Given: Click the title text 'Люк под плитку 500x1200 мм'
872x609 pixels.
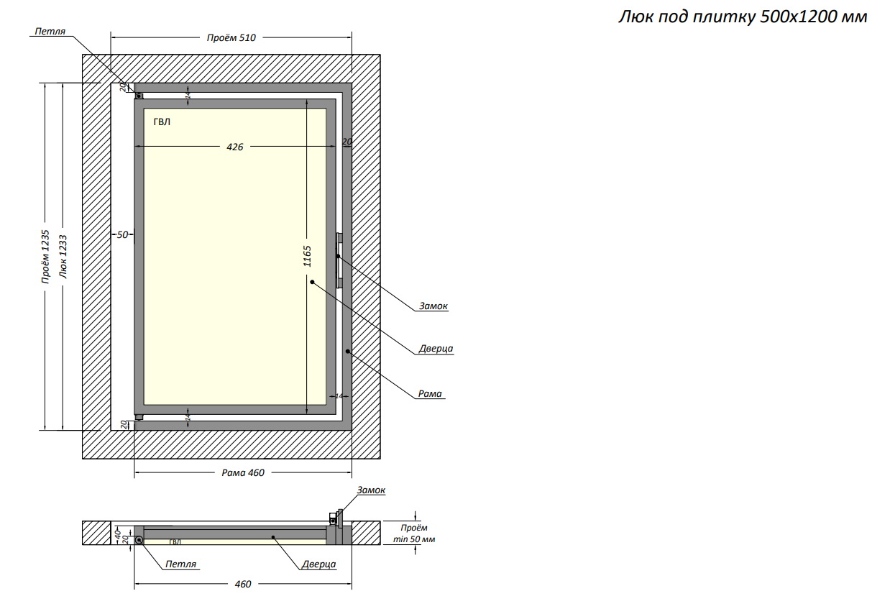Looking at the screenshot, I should click(743, 17).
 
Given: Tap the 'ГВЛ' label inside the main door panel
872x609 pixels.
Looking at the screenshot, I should click(162, 122).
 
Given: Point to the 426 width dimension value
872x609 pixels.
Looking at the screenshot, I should click(235, 147).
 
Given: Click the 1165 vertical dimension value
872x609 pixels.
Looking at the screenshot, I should click(307, 257).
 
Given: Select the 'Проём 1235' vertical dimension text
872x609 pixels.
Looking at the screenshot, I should click(45, 257).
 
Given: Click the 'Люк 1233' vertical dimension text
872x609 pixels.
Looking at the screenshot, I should click(63, 257).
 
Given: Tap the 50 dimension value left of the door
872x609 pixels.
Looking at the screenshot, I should click(122, 234).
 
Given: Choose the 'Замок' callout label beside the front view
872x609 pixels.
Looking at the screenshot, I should click(433, 306).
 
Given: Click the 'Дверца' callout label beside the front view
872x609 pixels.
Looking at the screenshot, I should click(436, 349).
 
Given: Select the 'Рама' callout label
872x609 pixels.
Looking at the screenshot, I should click(430, 394).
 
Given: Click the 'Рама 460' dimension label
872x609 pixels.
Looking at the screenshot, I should click(243, 473).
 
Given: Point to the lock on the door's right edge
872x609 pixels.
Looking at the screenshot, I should click(339, 255).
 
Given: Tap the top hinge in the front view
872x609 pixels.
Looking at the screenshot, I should click(139, 96).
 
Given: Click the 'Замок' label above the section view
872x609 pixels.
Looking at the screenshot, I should click(371, 490).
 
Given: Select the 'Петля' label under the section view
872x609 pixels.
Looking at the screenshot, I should click(180, 564).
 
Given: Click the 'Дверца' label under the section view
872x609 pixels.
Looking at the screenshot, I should click(319, 564).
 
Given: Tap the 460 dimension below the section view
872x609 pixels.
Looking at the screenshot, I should click(243, 585).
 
